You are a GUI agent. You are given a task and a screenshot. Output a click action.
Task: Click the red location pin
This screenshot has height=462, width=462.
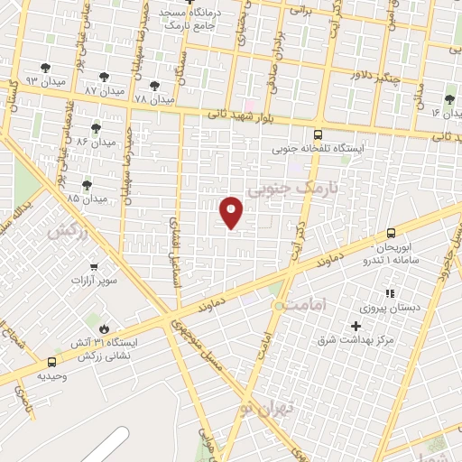point(232,212)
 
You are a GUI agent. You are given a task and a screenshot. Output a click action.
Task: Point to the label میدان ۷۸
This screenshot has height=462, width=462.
point(152,97)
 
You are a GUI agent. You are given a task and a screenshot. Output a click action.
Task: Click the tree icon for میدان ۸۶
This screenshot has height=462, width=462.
point(97,128)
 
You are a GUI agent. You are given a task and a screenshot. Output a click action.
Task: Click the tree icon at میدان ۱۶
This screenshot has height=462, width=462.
point(449,99)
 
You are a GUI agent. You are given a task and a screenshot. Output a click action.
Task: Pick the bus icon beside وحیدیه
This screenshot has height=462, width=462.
point(51,363)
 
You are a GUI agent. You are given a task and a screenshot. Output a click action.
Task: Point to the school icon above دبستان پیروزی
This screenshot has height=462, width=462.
point(390,293)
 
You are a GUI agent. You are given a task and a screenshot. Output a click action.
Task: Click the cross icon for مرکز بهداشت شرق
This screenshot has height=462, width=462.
point(356,326)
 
